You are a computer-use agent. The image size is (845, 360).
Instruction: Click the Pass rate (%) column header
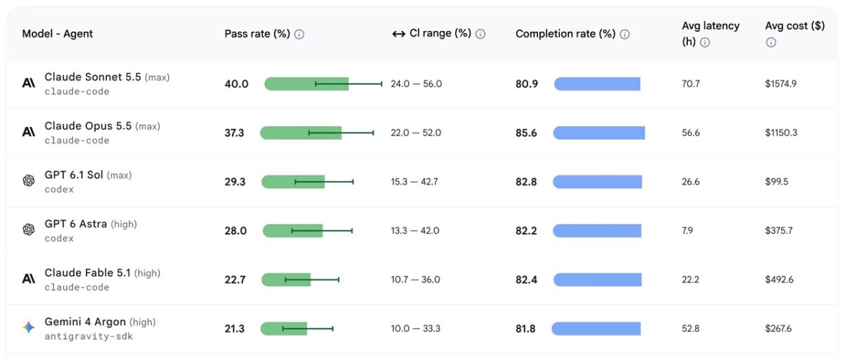tap(257, 34)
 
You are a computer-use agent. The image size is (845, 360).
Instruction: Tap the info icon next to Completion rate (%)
tap(625, 35)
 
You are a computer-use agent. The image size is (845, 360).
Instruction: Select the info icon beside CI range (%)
tap(480, 34)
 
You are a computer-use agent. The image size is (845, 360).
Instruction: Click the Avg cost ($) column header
tap(795, 25)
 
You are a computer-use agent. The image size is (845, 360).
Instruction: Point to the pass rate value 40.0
tap(237, 84)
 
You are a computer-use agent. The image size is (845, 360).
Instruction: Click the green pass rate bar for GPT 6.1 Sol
tap(293, 182)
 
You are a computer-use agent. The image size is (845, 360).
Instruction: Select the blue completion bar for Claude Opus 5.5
tap(599, 133)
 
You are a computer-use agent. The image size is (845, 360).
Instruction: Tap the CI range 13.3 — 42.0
tap(415, 230)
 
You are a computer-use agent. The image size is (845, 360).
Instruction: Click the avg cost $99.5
tap(777, 182)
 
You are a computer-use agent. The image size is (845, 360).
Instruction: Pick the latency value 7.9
tap(687, 230)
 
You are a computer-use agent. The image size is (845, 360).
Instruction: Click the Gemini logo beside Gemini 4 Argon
tap(29, 328)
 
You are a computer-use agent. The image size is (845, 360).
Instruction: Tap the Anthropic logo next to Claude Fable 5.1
tap(29, 279)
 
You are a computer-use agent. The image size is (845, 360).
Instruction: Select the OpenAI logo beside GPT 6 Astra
tap(29, 230)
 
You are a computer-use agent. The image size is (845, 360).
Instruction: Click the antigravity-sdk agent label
tap(89, 336)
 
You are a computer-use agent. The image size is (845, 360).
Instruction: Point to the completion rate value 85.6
tap(526, 133)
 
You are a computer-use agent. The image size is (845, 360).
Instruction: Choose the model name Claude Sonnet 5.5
tap(93, 77)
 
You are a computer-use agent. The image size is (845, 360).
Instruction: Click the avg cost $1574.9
tap(781, 84)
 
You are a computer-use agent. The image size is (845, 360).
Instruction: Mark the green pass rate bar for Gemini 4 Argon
tap(284, 329)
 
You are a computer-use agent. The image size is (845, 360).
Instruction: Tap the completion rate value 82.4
tap(527, 280)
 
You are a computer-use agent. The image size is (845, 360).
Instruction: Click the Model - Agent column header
tap(57, 34)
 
